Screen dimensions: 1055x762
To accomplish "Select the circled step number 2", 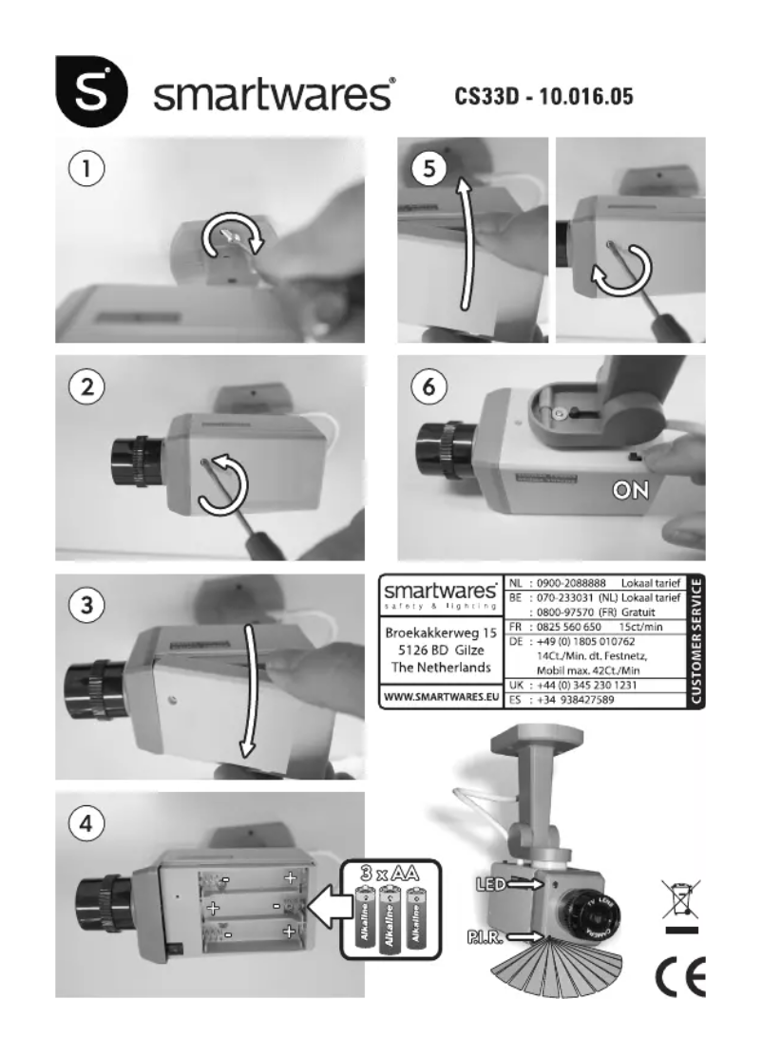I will pos(86,389).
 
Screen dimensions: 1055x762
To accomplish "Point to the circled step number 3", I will pos(86,609).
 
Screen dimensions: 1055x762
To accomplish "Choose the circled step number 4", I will pos(86,824).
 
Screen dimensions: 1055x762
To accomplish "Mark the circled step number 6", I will pos(429,389).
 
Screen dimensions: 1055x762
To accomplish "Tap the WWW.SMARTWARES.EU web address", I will pos(438,698).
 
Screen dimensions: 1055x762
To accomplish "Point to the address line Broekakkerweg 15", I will pos(438,632).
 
